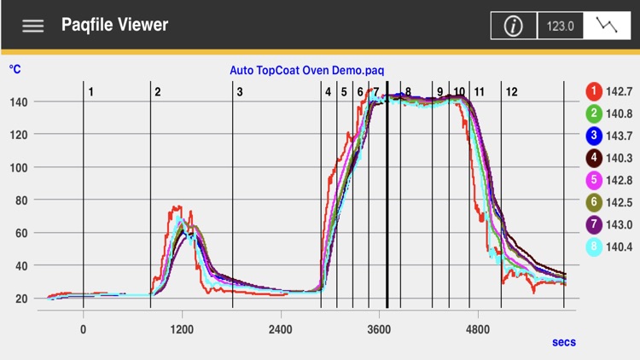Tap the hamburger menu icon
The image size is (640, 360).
tap(33, 26)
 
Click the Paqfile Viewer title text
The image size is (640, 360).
tap(114, 25)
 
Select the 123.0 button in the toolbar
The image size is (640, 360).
tap(560, 26)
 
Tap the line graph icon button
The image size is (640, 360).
tap(608, 26)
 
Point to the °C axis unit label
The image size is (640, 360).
tap(15, 68)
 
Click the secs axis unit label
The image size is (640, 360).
tap(564, 342)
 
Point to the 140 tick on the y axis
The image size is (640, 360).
tap(20, 102)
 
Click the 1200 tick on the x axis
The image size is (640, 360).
tap(182, 329)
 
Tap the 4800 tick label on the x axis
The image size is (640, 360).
tap(478, 329)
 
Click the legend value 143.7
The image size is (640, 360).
tap(619, 135)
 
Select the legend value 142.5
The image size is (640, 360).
tap(619, 201)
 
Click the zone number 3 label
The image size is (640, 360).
tap(240, 91)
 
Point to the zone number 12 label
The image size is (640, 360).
tap(511, 91)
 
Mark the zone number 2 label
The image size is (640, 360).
tap(158, 91)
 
